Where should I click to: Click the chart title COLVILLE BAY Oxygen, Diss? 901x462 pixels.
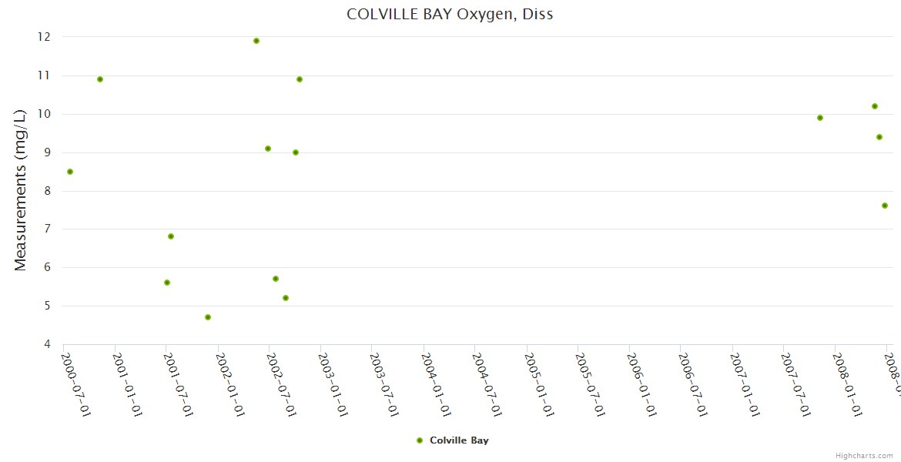(450, 14)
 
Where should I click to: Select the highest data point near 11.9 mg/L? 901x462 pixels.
(256, 41)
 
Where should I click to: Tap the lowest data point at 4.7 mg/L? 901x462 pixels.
(208, 317)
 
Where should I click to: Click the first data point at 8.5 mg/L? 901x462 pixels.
(70, 172)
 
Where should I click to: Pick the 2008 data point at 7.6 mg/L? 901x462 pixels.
(885, 206)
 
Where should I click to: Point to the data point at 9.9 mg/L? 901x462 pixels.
(820, 118)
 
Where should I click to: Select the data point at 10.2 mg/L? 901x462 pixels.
(875, 106)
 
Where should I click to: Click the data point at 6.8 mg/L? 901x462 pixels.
(171, 236)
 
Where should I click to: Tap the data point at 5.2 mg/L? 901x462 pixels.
(286, 298)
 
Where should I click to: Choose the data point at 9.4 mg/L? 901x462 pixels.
(879, 137)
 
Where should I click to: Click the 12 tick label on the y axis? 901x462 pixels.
(44, 37)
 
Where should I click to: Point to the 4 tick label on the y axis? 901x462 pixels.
(47, 344)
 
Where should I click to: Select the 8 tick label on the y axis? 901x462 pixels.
(47, 191)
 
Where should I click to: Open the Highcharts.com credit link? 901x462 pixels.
(864, 456)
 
